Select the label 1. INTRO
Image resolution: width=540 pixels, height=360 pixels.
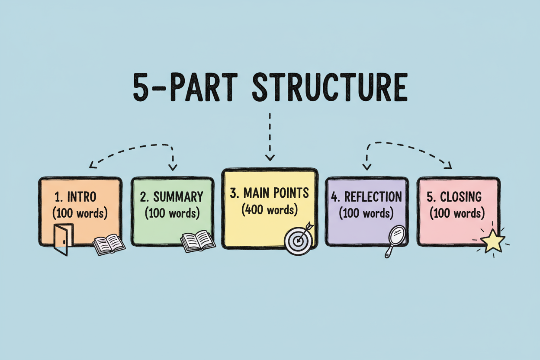click(x=76, y=197)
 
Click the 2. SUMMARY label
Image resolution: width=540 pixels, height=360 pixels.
click(x=172, y=197)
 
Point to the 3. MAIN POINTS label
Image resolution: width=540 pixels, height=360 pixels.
click(x=270, y=193)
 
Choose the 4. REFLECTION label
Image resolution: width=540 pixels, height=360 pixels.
click(x=366, y=197)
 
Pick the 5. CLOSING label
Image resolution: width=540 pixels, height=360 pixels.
click(x=454, y=197)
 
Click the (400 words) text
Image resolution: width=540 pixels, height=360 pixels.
click(x=270, y=210)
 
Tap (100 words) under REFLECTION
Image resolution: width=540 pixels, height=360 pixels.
click(x=366, y=213)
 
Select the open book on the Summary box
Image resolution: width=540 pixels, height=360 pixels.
click(x=198, y=241)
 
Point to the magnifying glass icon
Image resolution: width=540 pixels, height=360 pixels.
click(x=394, y=239)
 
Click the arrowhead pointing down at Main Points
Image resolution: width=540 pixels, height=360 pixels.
click(x=270, y=157)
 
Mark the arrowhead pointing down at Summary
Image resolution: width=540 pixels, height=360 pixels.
click(x=172, y=167)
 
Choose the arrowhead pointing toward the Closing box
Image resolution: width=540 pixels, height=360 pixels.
click(x=449, y=166)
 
